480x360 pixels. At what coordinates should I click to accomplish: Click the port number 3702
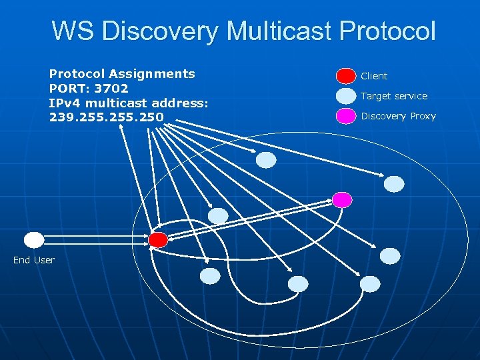click(x=111, y=88)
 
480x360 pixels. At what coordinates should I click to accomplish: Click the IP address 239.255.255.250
click(x=106, y=117)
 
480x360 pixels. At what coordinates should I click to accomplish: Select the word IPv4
click(x=65, y=102)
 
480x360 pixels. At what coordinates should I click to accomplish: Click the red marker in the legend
click(x=346, y=76)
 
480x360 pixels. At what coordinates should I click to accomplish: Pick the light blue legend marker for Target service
click(x=346, y=96)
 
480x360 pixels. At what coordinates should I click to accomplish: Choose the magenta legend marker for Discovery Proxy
click(x=346, y=116)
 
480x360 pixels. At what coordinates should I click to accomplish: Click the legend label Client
click(x=374, y=76)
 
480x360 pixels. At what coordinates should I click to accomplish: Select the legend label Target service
click(x=394, y=96)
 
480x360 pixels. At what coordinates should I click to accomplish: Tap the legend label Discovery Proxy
click(x=398, y=116)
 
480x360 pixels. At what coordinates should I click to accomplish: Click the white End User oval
click(x=34, y=240)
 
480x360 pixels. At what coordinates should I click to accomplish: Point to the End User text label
click(x=34, y=260)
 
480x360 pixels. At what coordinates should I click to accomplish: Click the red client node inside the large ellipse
click(x=158, y=240)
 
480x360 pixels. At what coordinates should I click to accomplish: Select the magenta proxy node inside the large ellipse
click(x=342, y=199)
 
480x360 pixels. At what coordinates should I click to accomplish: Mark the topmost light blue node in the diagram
click(x=266, y=160)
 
